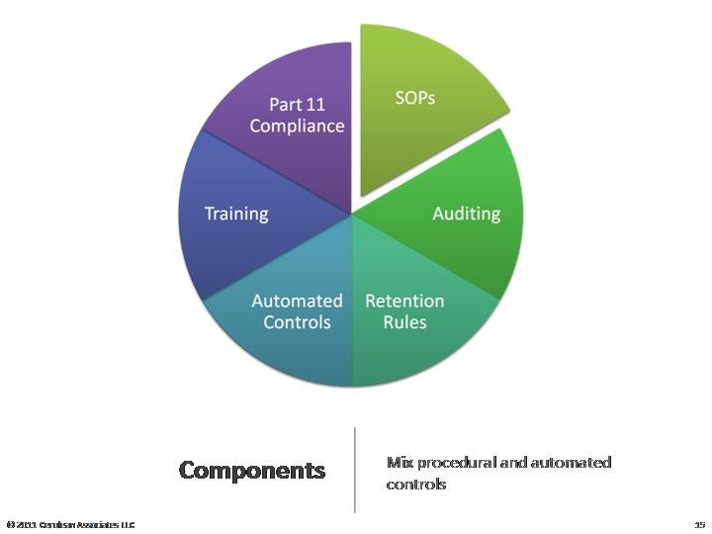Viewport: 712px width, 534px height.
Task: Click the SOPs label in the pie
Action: (415, 99)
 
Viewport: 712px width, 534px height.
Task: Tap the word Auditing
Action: (466, 214)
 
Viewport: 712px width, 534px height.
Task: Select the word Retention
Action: (404, 301)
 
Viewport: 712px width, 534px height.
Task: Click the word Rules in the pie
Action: (404, 322)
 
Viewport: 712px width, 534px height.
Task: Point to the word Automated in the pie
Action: (297, 301)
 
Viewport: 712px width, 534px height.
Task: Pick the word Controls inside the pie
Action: (297, 322)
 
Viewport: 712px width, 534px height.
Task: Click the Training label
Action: (235, 214)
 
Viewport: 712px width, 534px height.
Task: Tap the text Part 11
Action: (297, 104)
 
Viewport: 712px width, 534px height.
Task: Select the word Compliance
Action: (297, 126)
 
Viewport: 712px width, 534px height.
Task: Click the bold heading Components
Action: (252, 470)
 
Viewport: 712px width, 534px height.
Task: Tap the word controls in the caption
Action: (415, 485)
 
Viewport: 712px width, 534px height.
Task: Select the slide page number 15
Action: (699, 524)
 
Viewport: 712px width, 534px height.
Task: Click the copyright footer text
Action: (69, 524)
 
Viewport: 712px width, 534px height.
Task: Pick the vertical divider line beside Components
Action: (355, 470)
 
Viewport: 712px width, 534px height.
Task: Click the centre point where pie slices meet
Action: (353, 215)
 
